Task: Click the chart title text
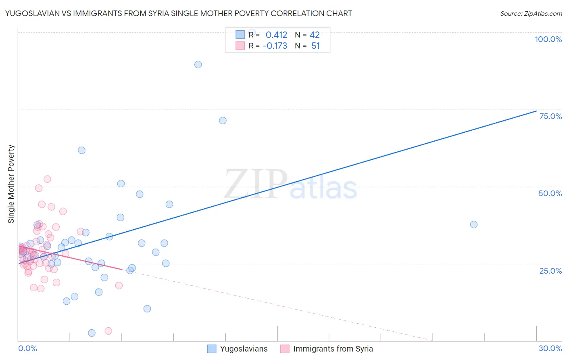click(x=179, y=13)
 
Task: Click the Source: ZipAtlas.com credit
click(x=531, y=13)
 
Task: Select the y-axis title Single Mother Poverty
click(x=11, y=184)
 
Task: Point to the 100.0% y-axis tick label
click(x=548, y=39)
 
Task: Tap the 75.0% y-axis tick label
click(x=550, y=116)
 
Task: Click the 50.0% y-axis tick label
click(x=550, y=193)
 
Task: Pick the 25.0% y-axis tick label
click(x=550, y=270)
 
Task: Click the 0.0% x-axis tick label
click(x=27, y=348)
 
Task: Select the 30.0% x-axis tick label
click(x=550, y=348)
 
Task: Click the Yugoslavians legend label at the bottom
click(x=244, y=349)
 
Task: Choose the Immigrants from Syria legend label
click(x=333, y=349)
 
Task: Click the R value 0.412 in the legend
click(x=276, y=35)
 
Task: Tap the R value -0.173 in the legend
click(x=275, y=46)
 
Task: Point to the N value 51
click(x=315, y=46)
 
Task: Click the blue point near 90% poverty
click(x=198, y=65)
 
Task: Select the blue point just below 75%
click(x=223, y=121)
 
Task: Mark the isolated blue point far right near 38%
click(x=474, y=224)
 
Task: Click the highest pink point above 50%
click(x=47, y=179)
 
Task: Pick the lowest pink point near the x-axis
click(x=108, y=331)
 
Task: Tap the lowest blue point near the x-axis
click(x=92, y=333)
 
